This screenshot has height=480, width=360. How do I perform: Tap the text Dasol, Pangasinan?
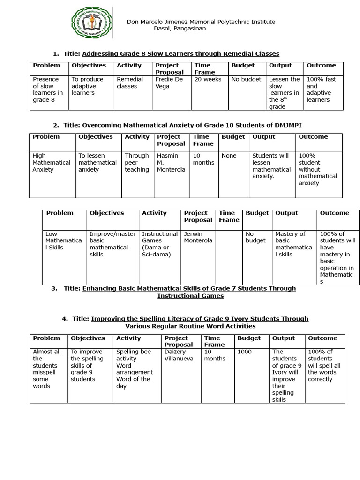click(180, 28)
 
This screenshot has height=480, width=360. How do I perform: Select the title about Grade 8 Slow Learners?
click(180, 54)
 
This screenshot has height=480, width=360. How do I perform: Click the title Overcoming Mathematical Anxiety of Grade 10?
click(195, 125)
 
